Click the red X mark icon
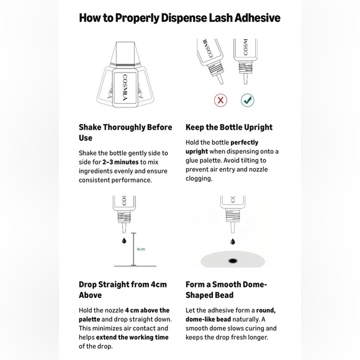(220, 101)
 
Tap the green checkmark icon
(248, 101)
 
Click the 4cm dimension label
(141, 249)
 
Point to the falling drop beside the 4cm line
(124, 240)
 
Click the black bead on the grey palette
(233, 261)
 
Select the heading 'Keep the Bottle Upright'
(229, 127)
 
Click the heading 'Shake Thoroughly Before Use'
(125, 132)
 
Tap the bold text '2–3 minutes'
(120, 162)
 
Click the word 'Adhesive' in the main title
(258, 17)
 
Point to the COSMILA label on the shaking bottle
(125, 88)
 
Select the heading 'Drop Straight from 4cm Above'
(123, 290)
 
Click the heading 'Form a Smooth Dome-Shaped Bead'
(226, 290)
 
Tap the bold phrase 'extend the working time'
(132, 337)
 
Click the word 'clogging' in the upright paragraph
(198, 179)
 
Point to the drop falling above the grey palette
(233, 241)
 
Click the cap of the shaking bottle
(125, 52)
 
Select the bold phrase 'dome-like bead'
(208, 320)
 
